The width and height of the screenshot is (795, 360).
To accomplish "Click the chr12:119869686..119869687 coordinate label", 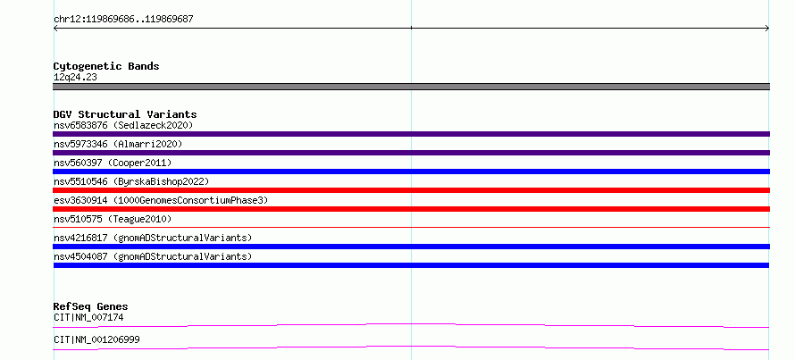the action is (x=123, y=20).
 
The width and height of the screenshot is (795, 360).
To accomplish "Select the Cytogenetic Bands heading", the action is (x=106, y=66).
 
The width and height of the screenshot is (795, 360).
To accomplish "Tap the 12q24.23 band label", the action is (x=75, y=78).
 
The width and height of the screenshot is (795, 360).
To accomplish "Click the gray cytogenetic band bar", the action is (x=411, y=87).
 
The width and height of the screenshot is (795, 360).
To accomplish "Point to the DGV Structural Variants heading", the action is (x=125, y=114).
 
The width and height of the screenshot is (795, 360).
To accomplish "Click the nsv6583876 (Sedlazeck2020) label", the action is (x=123, y=125).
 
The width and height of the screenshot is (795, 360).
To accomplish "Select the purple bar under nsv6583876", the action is (x=411, y=134).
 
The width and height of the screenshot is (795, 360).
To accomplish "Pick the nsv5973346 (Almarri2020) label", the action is (x=118, y=144).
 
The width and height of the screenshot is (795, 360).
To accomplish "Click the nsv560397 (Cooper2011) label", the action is (x=113, y=163).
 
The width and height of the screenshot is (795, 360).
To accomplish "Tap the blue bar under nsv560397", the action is (x=411, y=172).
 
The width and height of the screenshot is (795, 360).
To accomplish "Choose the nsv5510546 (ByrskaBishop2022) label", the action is (x=131, y=181).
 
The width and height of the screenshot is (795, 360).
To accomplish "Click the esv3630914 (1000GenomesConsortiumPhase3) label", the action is (x=161, y=200).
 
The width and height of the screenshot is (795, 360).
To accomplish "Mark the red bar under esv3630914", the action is (x=411, y=209).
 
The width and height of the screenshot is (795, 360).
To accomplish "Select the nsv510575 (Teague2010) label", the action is (x=113, y=219).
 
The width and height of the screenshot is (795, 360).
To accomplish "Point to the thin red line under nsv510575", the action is (x=411, y=228).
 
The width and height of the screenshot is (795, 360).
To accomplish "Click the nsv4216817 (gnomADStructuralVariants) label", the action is (x=153, y=238).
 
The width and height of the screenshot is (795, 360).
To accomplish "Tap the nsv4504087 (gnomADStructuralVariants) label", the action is (x=153, y=256).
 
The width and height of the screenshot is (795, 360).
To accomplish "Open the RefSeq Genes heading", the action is (x=90, y=306).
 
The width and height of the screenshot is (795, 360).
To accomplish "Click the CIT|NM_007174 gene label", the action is (x=88, y=318).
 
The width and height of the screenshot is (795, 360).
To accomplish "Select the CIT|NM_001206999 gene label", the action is (x=96, y=339).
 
